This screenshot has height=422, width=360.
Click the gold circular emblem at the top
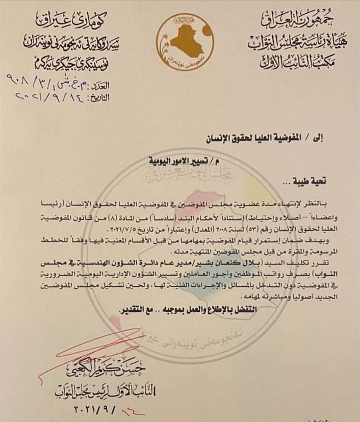coord(179,36)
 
